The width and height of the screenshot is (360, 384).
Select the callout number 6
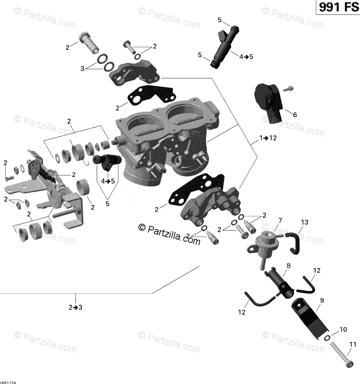pyautogui.click(x=295, y=114)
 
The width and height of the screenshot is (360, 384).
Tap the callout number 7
pyautogui.click(x=280, y=221)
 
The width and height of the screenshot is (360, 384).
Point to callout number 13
pyautogui.click(x=304, y=222)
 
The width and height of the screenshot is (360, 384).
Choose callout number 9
pyautogui.click(x=322, y=300)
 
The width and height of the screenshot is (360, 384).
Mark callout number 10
pyautogui.click(x=343, y=329)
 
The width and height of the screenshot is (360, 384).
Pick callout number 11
pyautogui.click(x=353, y=344)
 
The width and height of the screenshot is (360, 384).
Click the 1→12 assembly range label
pyautogui.click(x=268, y=138)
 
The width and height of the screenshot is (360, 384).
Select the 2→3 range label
pyautogui.click(x=75, y=307)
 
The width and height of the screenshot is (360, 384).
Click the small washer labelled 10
pyautogui.click(x=327, y=338)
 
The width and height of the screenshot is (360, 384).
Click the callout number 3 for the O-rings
pyautogui.click(x=82, y=69)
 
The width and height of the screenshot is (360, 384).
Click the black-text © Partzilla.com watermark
pyautogui.click(x=169, y=234)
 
